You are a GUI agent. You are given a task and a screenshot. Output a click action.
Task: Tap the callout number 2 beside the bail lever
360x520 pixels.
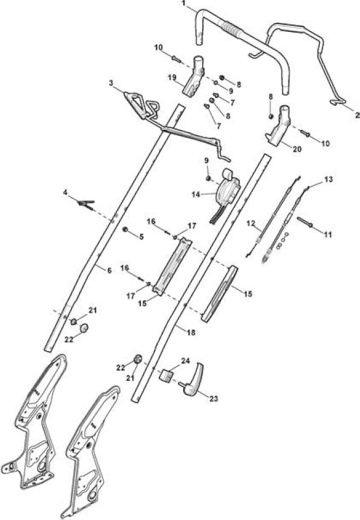(x=357, y=115)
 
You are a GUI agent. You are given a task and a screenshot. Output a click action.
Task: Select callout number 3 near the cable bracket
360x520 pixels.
(x=110, y=83)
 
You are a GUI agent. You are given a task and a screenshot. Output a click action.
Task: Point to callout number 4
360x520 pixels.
(x=65, y=192)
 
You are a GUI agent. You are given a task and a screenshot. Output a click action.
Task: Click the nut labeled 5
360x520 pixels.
(x=125, y=229)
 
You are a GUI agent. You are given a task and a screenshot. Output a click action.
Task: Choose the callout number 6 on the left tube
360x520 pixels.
(x=109, y=270)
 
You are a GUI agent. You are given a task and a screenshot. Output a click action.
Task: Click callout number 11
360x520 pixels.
(x=328, y=235)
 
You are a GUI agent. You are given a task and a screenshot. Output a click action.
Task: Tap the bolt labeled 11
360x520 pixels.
(x=305, y=222)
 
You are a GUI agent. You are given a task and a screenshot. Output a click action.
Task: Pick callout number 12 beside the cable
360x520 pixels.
(x=250, y=223)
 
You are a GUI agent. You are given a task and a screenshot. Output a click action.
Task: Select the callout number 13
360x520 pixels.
(x=328, y=179)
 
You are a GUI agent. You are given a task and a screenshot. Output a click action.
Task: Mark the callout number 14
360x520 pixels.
(x=196, y=194)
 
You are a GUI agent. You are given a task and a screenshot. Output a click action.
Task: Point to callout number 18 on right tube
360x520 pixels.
(x=191, y=332)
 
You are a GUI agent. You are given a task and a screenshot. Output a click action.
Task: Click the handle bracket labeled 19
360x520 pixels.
(x=194, y=75)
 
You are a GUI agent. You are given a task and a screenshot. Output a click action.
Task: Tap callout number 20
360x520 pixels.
(x=298, y=149)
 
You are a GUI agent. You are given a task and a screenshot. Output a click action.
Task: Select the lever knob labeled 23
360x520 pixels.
(x=192, y=380)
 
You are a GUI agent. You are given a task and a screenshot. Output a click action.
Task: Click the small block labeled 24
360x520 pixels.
(x=168, y=376)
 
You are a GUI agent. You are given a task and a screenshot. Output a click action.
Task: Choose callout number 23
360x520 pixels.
(x=214, y=398)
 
